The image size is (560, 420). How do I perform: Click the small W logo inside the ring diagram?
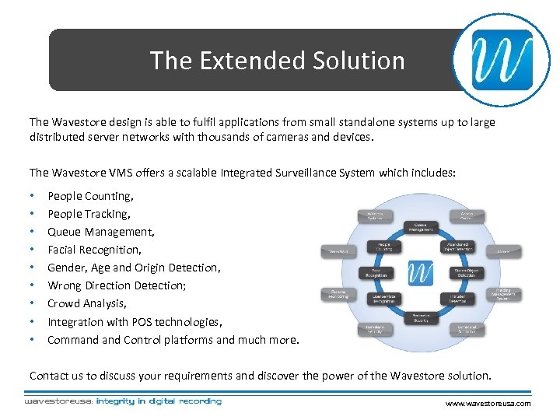(x=421, y=273)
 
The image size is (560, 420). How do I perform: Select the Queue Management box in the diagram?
(x=420, y=227)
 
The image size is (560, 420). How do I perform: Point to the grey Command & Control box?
(x=467, y=330)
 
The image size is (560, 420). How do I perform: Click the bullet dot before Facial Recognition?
(x=31, y=250)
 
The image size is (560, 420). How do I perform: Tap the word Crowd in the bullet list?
(x=63, y=303)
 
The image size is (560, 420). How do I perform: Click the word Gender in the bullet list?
(x=66, y=268)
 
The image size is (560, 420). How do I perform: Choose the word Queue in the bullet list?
(x=64, y=232)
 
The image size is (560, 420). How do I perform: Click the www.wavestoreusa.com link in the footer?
(x=488, y=404)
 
